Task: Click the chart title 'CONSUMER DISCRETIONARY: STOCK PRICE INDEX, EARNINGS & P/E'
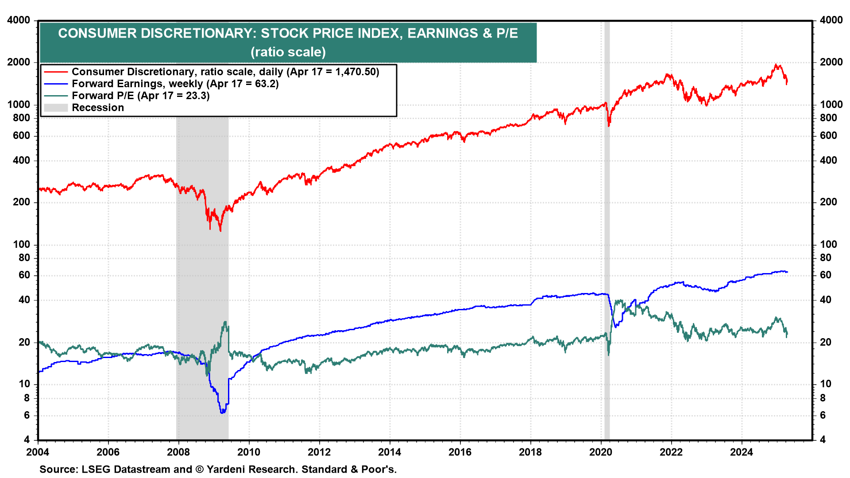click(288, 33)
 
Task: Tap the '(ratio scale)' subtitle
click(288, 52)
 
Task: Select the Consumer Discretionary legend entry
click(225, 72)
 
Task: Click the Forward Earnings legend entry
click(175, 84)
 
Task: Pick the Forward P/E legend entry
click(140, 96)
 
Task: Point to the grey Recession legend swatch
click(56, 108)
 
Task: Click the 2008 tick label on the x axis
click(178, 452)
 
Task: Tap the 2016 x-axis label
click(460, 452)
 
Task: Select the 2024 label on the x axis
click(742, 452)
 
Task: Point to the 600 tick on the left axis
click(21, 136)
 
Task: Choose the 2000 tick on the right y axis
click(831, 62)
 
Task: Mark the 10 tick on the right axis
click(826, 384)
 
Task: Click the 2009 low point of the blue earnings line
click(222, 412)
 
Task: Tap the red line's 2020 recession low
click(609, 126)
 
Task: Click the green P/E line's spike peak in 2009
click(225, 322)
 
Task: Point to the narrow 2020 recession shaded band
click(607, 230)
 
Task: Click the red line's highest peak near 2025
click(776, 65)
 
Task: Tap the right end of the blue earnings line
click(787, 272)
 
